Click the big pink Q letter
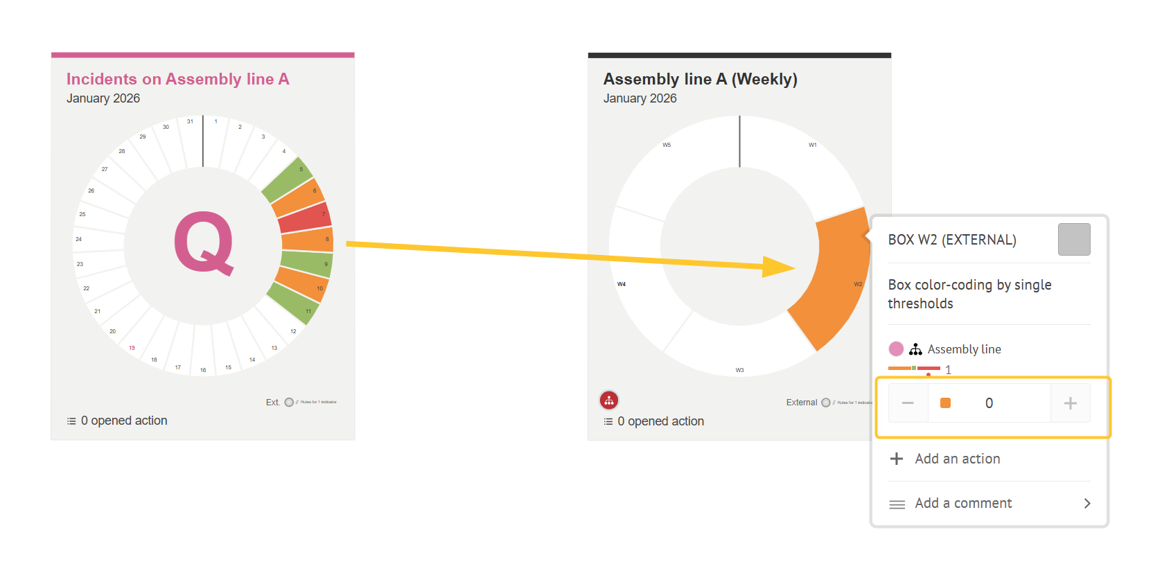[x=203, y=243]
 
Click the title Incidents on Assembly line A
[x=177, y=80]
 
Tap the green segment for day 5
[x=287, y=179]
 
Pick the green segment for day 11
[x=294, y=303]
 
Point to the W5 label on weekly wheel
[x=667, y=146]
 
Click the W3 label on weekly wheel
[x=739, y=370]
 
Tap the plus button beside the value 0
[x=1070, y=403]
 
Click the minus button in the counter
[x=908, y=403]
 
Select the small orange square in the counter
[x=945, y=403]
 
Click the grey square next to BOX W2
[x=1074, y=239]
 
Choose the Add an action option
[x=957, y=459]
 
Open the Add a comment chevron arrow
[x=1087, y=504]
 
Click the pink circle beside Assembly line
[x=896, y=349]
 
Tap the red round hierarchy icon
[x=609, y=400]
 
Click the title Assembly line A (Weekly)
[x=700, y=80]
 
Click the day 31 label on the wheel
[x=190, y=122]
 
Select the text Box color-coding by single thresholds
[x=969, y=294]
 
